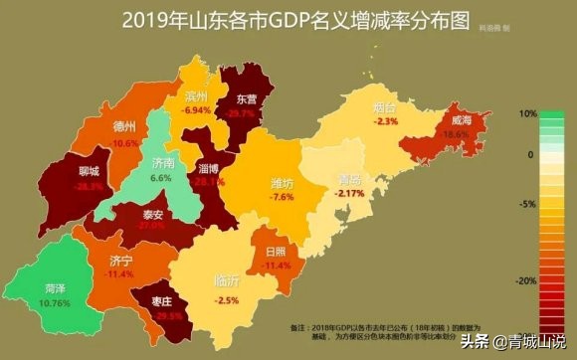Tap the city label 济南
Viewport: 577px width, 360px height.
[x=160, y=161]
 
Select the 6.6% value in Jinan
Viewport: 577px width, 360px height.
[x=160, y=177]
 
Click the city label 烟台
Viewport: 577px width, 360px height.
[x=386, y=105]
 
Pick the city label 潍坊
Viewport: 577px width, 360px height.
[x=283, y=183]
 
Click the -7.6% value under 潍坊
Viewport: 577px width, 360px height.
[x=283, y=198]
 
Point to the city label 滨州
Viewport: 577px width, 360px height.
[x=198, y=96]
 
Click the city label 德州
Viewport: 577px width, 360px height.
[x=125, y=127]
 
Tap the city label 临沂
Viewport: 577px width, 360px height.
[x=227, y=281]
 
